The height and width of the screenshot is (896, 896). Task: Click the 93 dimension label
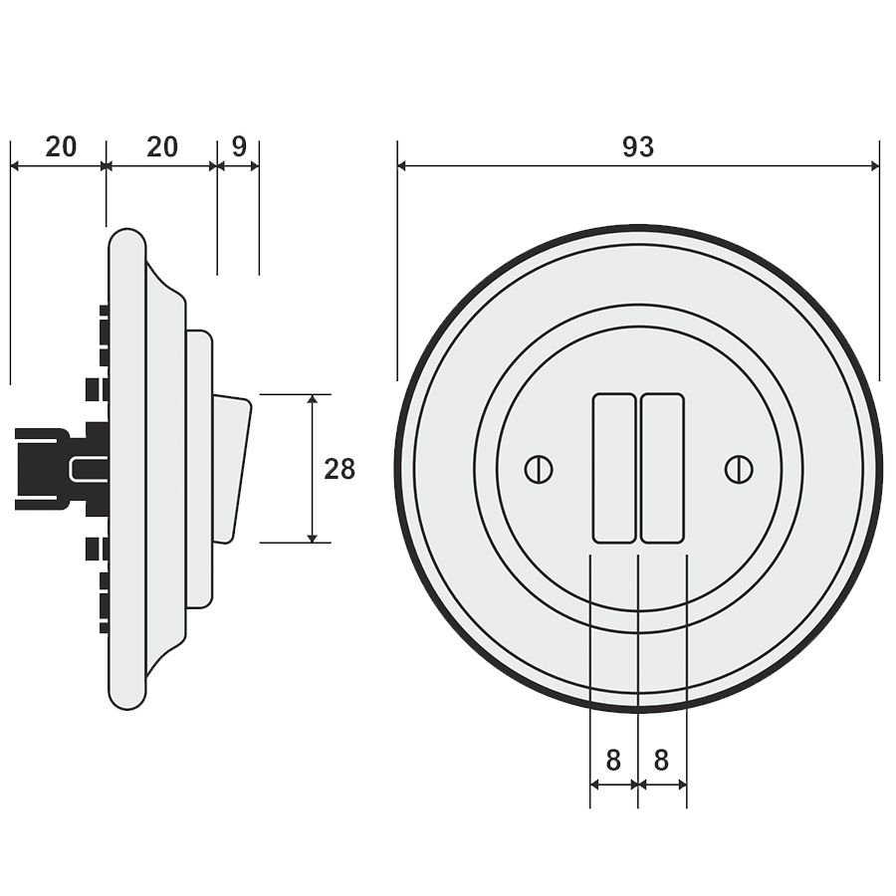(x=638, y=146)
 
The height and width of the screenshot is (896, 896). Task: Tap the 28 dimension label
(x=339, y=469)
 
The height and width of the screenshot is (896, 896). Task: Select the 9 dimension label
(x=239, y=146)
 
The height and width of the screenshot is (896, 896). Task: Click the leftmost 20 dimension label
(x=61, y=146)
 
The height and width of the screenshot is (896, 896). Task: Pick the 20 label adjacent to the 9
(x=162, y=146)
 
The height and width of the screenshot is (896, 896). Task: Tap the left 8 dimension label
(x=613, y=761)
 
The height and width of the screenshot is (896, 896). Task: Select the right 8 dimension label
(x=661, y=761)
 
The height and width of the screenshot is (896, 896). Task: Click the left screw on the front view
(x=539, y=469)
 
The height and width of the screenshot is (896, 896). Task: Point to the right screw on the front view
(x=738, y=469)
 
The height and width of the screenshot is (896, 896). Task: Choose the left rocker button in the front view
(x=614, y=469)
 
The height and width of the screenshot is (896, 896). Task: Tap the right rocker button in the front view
(x=662, y=469)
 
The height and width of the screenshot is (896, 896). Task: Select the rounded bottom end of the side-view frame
(x=126, y=697)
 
